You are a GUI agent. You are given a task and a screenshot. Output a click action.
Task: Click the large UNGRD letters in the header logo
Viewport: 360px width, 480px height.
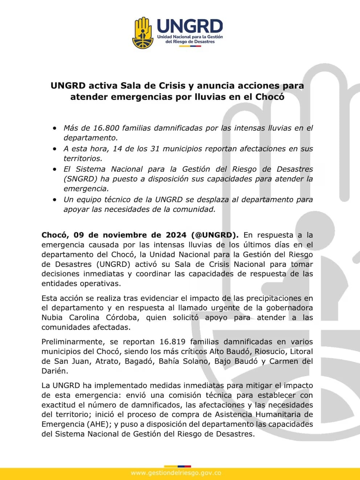[x=190, y=26]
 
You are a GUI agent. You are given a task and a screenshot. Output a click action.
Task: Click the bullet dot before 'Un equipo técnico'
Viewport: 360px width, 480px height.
[x=55, y=200]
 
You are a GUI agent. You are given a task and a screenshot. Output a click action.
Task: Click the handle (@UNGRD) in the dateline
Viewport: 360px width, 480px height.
[x=215, y=235]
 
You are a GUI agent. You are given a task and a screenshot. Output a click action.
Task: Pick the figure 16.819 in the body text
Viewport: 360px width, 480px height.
[x=172, y=342]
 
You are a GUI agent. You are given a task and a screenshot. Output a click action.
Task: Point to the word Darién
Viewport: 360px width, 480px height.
[x=54, y=371]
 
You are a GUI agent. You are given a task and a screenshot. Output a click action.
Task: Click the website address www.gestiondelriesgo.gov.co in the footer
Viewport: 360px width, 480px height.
[x=176, y=473]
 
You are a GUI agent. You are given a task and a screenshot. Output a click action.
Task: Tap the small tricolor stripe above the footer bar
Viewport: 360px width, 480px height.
[x=177, y=466]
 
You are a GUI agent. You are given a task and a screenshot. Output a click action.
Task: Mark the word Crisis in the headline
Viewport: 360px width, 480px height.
[x=171, y=86]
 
